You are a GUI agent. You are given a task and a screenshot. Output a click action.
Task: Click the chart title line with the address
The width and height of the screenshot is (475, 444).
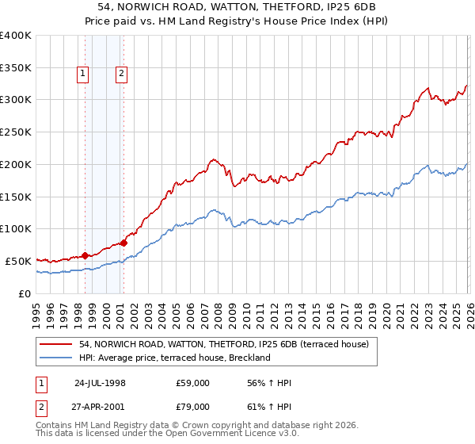(x=237, y=6)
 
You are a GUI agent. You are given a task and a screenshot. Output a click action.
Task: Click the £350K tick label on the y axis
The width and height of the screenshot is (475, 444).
(x=16, y=67)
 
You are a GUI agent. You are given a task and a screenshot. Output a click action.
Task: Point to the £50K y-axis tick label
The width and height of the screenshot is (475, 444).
(x=19, y=261)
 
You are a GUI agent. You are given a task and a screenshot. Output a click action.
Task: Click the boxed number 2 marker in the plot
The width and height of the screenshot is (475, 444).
(x=121, y=74)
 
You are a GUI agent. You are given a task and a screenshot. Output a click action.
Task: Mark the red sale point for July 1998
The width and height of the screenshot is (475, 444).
(x=85, y=255)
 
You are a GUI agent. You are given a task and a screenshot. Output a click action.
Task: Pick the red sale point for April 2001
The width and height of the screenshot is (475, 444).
(x=123, y=243)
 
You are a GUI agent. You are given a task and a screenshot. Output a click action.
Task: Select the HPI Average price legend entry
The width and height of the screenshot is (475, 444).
(x=174, y=358)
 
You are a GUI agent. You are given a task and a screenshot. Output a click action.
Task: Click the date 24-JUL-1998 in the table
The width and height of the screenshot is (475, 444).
(x=100, y=383)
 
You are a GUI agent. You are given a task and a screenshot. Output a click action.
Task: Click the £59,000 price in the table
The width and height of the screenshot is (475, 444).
(x=193, y=383)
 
